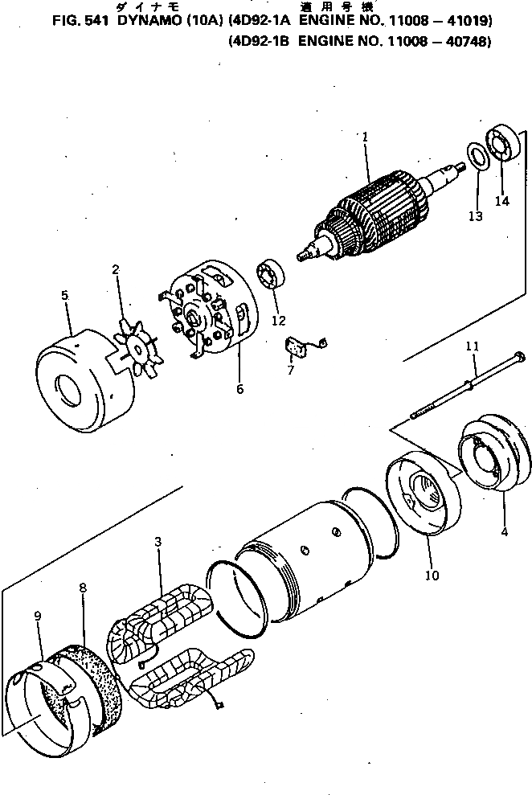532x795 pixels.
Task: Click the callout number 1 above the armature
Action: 364,137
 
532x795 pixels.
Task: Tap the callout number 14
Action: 501,201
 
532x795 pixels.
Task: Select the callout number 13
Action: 476,216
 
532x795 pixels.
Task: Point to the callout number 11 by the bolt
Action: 472,346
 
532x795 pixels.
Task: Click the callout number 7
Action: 291,371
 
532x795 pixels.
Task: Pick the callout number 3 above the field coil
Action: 158,543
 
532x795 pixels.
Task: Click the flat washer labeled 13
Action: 476,156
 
